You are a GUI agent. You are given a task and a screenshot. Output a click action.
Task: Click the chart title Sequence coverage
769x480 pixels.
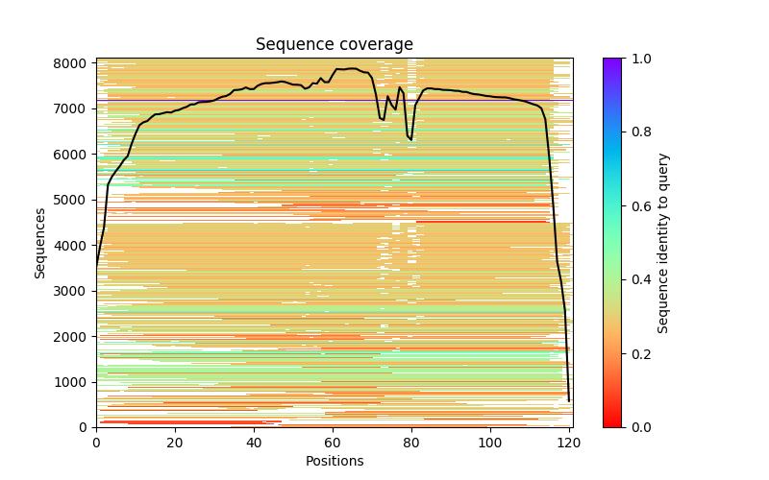pos(334,45)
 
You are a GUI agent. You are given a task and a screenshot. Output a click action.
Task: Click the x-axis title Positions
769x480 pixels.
pos(334,462)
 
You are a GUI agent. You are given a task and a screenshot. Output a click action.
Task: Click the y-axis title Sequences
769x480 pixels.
pos(40,242)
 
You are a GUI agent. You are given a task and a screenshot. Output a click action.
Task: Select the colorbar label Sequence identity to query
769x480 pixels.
pos(663,242)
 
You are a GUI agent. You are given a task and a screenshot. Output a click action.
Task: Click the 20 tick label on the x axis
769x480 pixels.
pos(175,443)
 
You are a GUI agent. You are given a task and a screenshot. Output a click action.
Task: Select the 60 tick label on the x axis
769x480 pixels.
pos(333,443)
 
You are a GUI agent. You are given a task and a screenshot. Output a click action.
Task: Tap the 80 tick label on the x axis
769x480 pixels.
pos(411,443)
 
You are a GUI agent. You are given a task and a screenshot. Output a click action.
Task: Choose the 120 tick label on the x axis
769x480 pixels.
pos(569,443)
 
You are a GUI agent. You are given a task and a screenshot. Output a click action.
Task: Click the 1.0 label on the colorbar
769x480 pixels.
pos(640,59)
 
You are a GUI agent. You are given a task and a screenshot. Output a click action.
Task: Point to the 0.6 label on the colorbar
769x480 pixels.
pos(640,206)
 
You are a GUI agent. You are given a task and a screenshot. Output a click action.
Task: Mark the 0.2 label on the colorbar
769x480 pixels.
pos(640,353)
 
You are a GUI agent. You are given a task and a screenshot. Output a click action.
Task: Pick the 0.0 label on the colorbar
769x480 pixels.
pos(640,427)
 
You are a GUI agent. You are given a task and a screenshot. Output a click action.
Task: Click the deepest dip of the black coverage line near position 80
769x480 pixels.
pos(411,140)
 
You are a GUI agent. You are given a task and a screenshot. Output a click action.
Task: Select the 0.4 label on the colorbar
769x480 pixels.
pos(640,279)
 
